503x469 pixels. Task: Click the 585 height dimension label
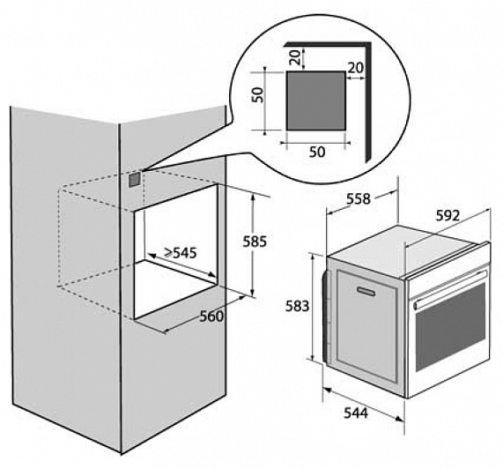255,242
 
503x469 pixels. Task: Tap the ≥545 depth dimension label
181,253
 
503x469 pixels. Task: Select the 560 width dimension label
211,316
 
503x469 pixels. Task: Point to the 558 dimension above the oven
359,199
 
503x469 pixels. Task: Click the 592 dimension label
448,216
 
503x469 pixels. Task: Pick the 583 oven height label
298,306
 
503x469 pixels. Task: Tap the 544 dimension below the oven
356,413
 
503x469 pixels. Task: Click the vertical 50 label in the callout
257,94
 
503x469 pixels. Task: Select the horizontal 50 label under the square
317,152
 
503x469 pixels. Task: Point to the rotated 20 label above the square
296,57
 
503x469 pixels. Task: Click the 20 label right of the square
356,68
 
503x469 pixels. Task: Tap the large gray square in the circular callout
316,100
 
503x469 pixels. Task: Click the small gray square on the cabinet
135,180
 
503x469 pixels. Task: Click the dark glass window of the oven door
450,327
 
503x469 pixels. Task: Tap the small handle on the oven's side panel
366,291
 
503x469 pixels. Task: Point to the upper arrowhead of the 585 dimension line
253,197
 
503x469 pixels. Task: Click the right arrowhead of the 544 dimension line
399,418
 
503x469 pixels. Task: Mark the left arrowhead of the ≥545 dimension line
152,256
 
